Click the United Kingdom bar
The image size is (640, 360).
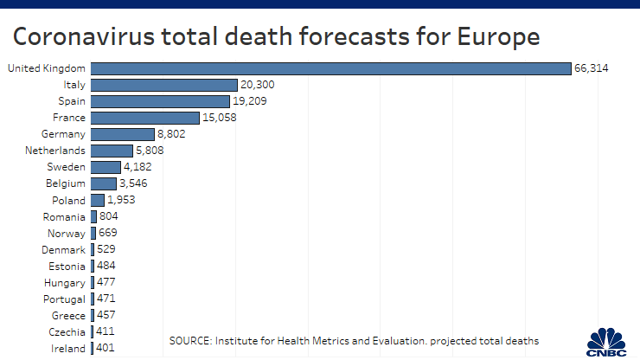(330, 68)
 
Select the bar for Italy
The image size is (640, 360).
(163, 85)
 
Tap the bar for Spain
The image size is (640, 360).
(160, 101)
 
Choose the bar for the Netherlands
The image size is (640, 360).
(112, 151)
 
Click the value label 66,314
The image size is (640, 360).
(592, 68)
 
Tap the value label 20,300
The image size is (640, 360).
(258, 85)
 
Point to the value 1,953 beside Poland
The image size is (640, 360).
(122, 200)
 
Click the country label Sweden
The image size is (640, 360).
(66, 167)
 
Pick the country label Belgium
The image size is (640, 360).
(65, 183)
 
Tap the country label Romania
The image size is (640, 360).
(65, 216)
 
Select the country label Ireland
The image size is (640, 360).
(68, 349)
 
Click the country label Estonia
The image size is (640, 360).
(67, 266)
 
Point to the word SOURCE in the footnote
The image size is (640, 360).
(193, 340)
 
